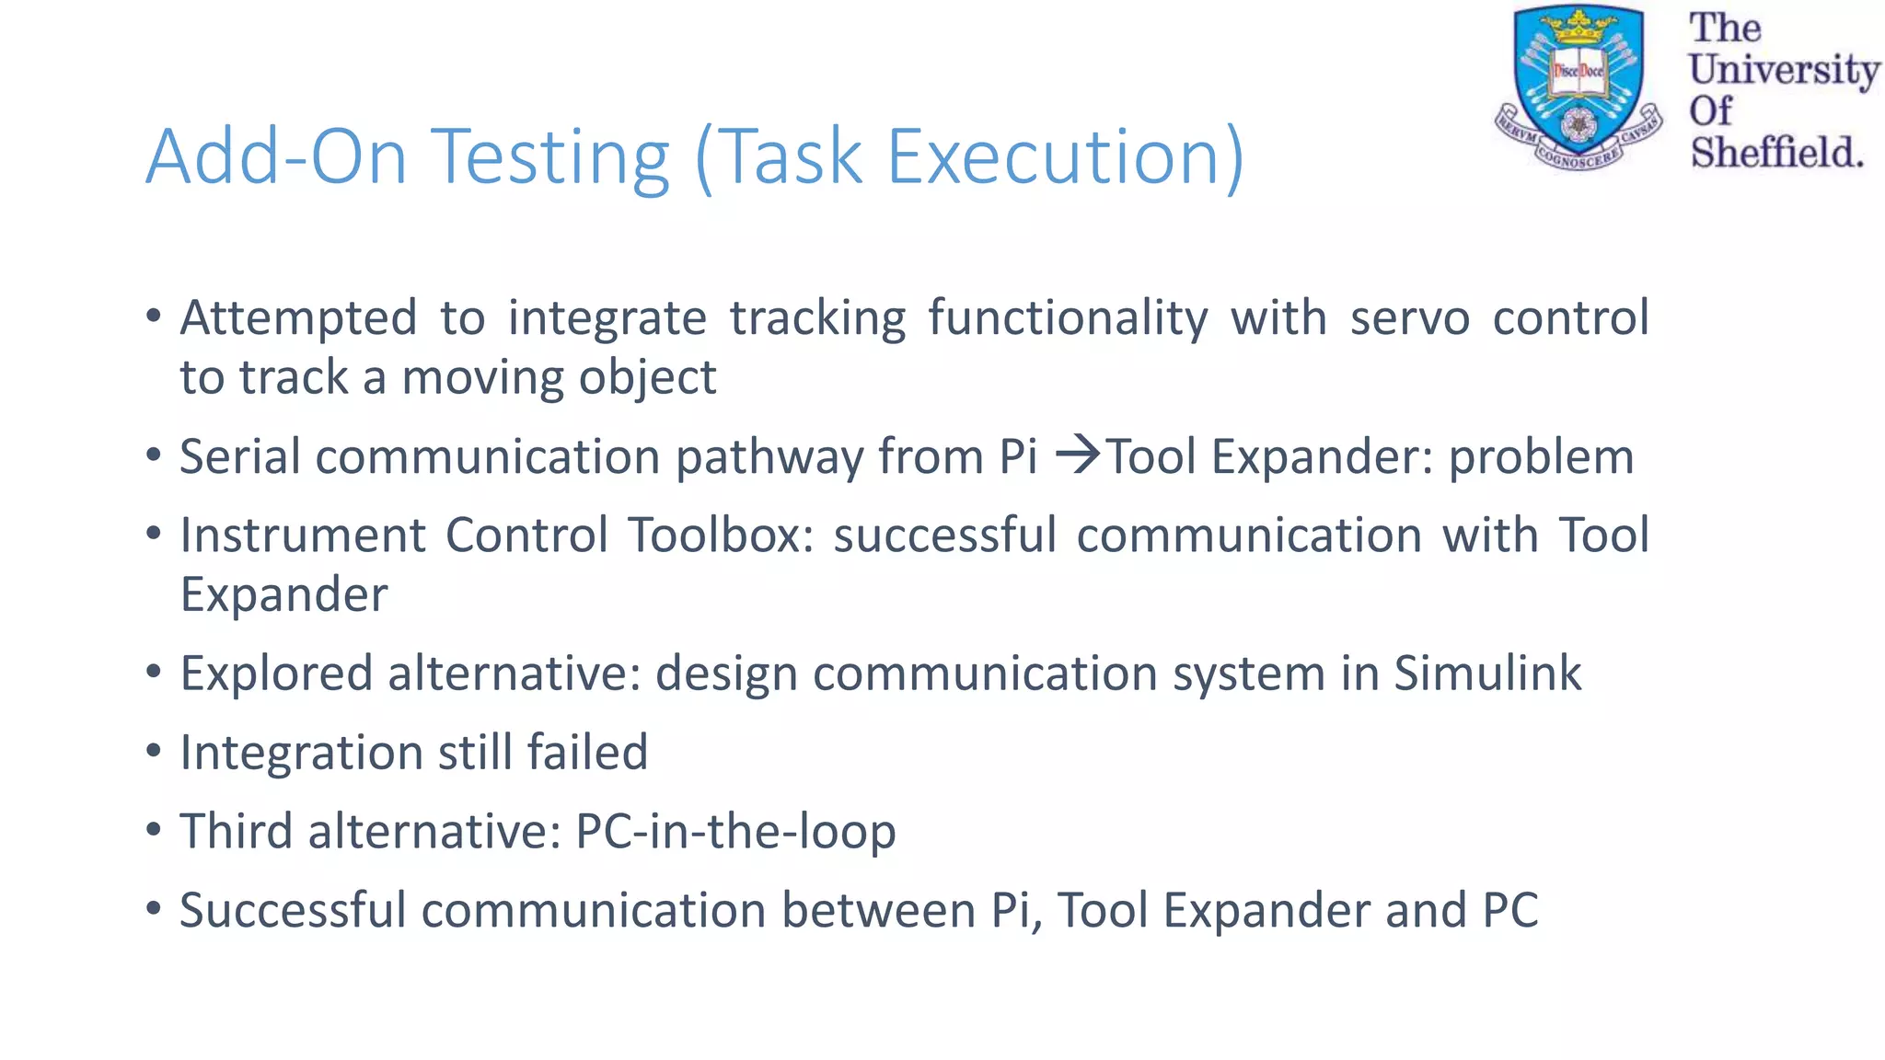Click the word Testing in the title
coord(549,158)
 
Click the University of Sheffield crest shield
coord(1579,87)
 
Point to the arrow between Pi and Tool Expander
coord(1077,455)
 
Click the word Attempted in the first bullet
coord(298,319)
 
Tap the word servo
coord(1409,317)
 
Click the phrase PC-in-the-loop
coord(734,831)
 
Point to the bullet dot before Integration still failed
coord(154,751)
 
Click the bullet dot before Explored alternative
coord(154,672)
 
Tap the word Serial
coord(238,456)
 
